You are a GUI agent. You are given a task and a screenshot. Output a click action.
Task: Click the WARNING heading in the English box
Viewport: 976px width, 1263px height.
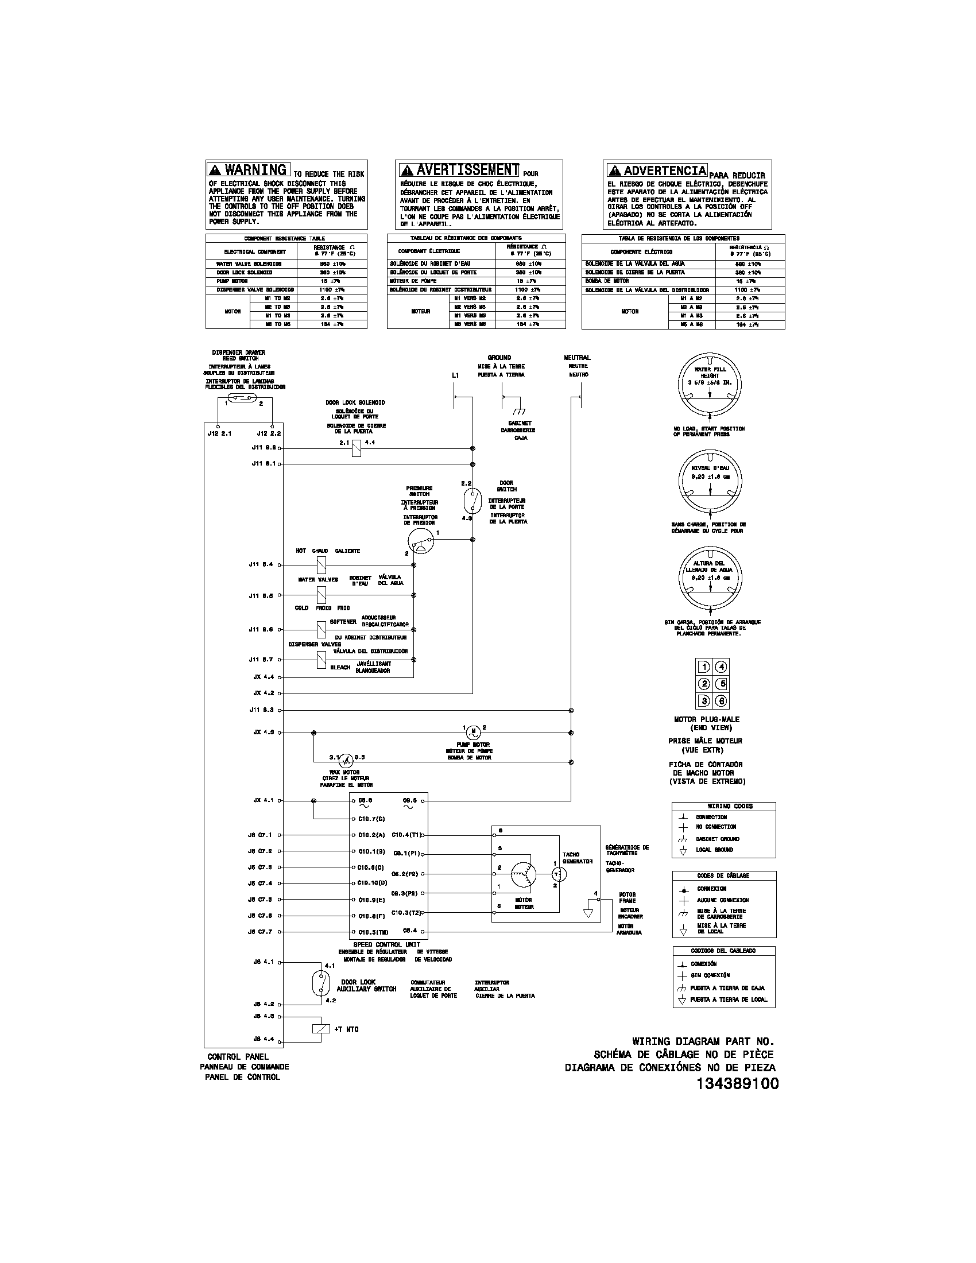[249, 169]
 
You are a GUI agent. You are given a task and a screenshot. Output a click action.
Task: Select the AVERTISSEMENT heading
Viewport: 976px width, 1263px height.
[459, 169]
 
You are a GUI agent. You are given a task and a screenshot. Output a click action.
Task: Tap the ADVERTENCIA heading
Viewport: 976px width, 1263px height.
[657, 171]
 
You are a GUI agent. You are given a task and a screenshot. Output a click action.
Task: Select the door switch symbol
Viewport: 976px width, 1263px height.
[472, 500]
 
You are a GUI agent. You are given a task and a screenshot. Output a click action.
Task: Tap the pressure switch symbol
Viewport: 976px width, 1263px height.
[420, 540]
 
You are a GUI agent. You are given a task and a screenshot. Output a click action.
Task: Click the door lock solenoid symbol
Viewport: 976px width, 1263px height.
[356, 448]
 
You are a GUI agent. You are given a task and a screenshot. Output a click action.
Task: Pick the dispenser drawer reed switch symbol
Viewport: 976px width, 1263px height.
[243, 397]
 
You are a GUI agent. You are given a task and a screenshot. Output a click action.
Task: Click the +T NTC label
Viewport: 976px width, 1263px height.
[346, 1029]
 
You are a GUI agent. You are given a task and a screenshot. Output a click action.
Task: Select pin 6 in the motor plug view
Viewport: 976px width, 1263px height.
[721, 701]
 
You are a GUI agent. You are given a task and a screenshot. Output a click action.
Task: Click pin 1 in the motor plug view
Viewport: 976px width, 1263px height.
[704, 667]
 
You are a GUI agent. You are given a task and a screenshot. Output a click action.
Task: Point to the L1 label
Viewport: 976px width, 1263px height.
[455, 375]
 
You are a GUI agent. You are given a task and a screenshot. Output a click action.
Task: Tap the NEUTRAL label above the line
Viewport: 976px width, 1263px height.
[577, 358]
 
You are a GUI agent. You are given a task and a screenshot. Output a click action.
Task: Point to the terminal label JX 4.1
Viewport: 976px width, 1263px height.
[263, 801]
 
